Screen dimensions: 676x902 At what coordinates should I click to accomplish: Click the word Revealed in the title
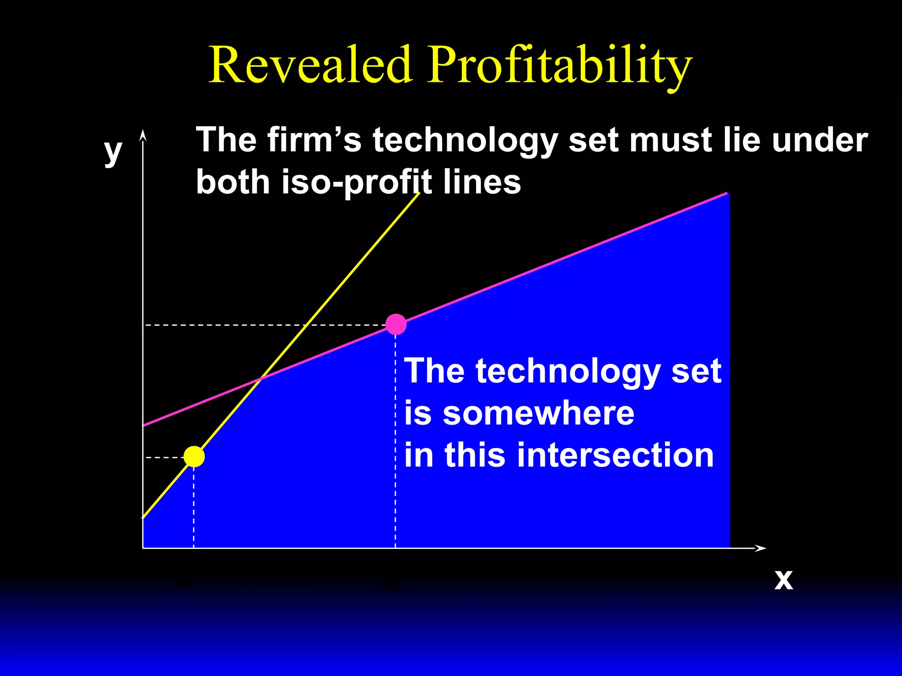pos(311,65)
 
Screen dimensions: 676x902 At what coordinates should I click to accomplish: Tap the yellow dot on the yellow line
pos(194,456)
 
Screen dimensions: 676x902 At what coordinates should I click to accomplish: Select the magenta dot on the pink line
pos(396,324)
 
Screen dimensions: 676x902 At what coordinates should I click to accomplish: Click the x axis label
pos(784,580)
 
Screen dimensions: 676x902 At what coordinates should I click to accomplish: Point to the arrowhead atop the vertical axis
pos(142,134)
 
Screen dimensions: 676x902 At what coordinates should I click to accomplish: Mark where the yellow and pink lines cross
pos(262,378)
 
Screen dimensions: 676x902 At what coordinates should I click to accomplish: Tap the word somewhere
pos(538,413)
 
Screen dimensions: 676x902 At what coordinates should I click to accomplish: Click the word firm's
pos(314,140)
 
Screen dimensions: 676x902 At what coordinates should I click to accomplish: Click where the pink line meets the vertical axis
pos(143,425)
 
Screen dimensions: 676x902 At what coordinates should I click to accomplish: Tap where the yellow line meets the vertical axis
pos(143,517)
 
